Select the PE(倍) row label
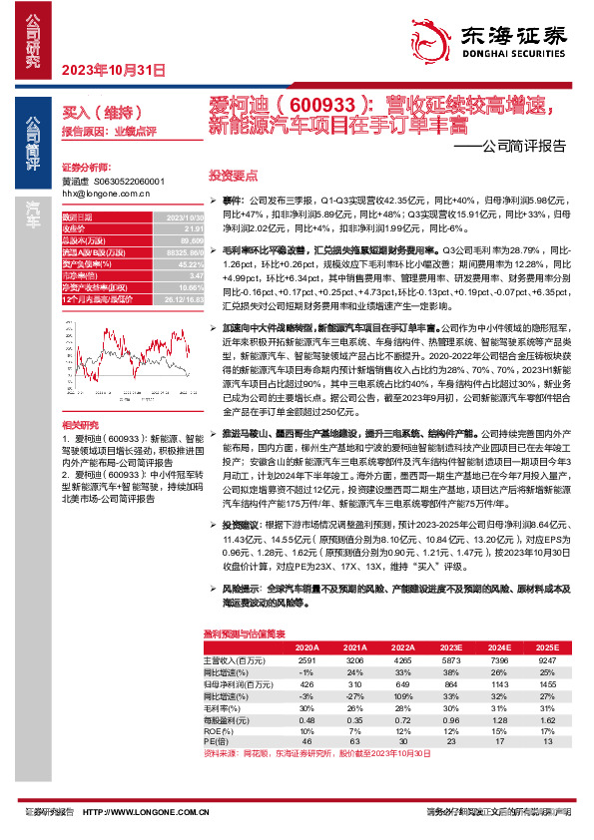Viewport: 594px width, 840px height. [216, 743]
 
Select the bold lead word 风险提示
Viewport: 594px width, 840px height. [241, 590]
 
